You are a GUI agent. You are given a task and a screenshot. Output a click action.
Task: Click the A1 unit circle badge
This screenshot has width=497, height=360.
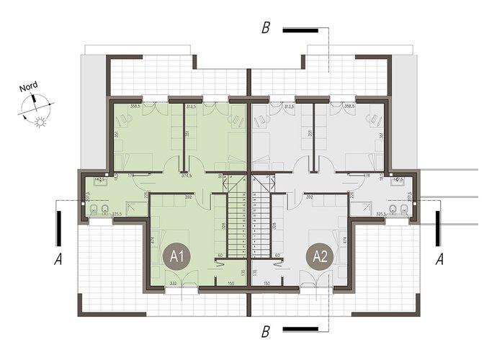[177, 256]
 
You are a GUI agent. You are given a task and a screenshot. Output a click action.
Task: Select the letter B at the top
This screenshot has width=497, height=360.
[266, 30]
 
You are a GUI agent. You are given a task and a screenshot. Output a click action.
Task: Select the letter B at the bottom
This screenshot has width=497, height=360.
[266, 333]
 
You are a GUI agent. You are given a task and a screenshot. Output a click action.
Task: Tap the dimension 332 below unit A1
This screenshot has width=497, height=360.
[173, 284]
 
